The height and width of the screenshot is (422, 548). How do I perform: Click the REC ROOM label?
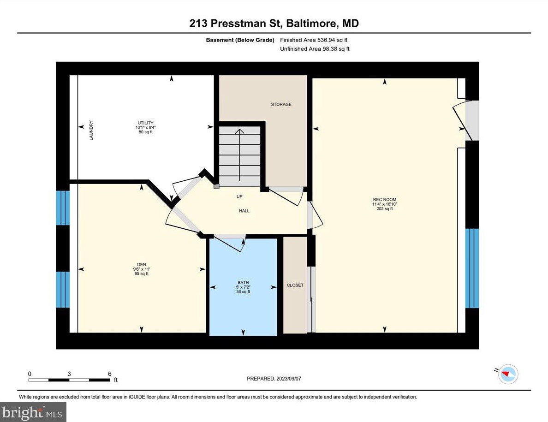pos(384,199)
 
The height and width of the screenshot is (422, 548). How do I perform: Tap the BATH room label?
pos(243,282)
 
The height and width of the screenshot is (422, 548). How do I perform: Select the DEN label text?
pos(141,264)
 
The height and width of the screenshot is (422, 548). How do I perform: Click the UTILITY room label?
pos(144,123)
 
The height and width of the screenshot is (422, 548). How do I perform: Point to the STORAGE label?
pos(281,105)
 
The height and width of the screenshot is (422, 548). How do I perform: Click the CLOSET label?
pos(295,285)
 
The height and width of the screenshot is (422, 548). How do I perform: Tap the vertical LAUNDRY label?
pos(91,131)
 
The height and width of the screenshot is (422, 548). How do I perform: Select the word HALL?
pos(244,211)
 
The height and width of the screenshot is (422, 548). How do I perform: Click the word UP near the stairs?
pos(239,196)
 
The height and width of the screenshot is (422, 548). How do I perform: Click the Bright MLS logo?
pos(33,411)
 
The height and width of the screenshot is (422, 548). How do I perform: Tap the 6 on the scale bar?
pos(109,374)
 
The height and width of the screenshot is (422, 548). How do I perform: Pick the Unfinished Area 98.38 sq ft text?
pos(315,49)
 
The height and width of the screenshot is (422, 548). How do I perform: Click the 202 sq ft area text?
pos(384,209)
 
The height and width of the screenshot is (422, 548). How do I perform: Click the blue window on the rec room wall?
pos(472,268)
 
